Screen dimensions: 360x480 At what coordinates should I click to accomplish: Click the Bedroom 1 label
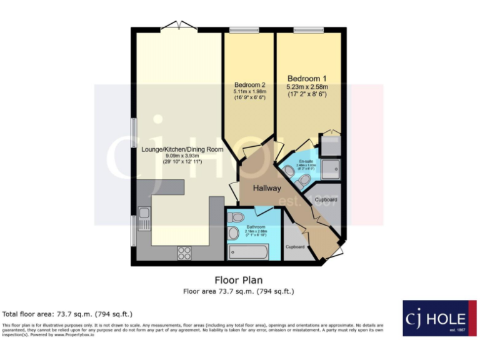tap(306, 79)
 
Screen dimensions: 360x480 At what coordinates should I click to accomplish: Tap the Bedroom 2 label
tap(250, 85)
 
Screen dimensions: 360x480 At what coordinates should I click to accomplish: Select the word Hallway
tap(267, 188)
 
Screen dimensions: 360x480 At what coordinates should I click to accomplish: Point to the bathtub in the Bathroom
tap(249, 252)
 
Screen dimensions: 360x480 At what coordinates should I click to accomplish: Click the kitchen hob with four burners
tap(185, 252)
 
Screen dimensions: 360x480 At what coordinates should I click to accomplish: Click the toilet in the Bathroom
tap(236, 216)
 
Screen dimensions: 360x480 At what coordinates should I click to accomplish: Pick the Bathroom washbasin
tap(233, 234)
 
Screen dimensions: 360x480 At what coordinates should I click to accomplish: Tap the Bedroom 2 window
tap(244, 29)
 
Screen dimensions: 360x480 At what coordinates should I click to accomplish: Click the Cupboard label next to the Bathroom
tap(295, 247)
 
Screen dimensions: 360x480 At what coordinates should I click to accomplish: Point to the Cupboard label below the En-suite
tap(326, 200)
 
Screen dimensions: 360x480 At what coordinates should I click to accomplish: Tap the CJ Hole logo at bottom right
tap(435, 318)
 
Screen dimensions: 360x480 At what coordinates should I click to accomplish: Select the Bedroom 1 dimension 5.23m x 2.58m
tap(306, 87)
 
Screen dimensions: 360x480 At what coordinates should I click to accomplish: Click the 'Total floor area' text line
tap(67, 314)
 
